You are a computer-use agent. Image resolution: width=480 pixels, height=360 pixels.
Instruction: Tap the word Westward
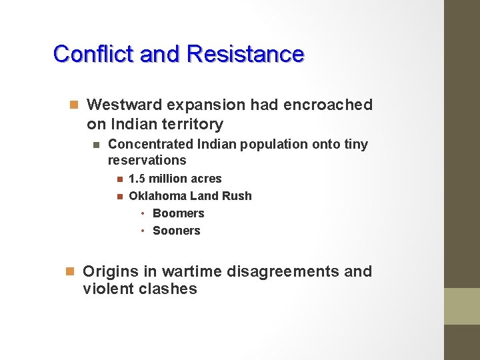tap(124, 105)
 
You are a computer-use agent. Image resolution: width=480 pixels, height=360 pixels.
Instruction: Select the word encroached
tap(328, 105)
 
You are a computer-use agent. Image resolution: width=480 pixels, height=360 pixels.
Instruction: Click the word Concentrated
tap(151, 144)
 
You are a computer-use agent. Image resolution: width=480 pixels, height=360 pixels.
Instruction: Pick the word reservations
tap(147, 160)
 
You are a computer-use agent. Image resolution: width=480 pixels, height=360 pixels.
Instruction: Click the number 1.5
tap(137, 179)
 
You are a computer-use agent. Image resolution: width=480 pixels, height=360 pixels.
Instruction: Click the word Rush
tap(239, 196)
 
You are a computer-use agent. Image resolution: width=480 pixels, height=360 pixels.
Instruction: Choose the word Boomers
tap(178, 213)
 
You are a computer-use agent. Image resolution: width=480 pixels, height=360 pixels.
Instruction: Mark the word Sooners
tap(176, 231)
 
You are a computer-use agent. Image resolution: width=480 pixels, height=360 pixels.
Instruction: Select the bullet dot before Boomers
tap(143, 213)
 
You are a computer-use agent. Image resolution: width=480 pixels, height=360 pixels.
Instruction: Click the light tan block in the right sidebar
tap(462, 306)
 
